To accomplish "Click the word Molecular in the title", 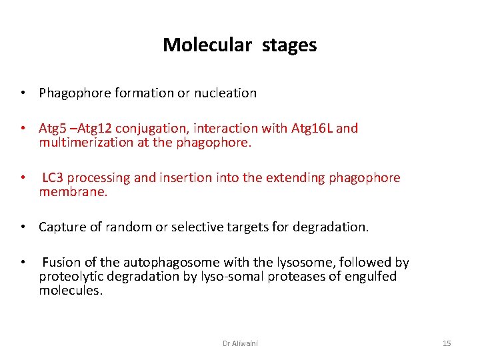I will [207, 45].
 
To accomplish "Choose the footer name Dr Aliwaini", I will [240, 343].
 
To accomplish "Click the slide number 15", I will [447, 343].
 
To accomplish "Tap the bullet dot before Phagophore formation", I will [23, 93].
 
